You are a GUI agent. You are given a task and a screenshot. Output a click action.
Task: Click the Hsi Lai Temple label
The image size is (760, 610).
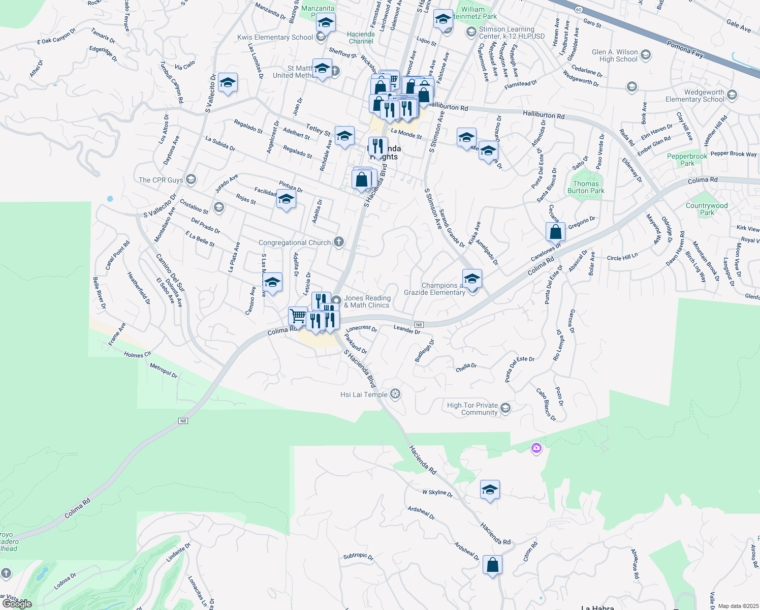[x=364, y=394]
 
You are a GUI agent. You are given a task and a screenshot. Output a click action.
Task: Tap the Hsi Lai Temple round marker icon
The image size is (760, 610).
[x=396, y=394]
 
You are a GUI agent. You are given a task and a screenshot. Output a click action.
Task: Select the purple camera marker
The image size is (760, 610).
[x=536, y=448]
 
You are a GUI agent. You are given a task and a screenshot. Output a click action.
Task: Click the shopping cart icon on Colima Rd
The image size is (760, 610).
[x=298, y=316]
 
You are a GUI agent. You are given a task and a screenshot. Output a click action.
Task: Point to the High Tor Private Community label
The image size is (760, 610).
[x=472, y=409]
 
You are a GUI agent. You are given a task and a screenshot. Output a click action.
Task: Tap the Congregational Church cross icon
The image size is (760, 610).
[x=339, y=242]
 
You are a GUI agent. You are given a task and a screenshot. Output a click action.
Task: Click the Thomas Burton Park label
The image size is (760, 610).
[x=586, y=187]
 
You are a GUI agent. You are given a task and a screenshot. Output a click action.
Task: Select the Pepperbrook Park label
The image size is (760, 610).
[x=687, y=160]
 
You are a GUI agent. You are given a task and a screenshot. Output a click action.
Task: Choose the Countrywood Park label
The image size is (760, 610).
[x=707, y=209]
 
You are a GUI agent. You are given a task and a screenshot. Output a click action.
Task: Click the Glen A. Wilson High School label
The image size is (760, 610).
[x=614, y=55]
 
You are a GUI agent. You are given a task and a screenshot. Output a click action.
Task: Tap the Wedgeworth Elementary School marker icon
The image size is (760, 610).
[x=732, y=95]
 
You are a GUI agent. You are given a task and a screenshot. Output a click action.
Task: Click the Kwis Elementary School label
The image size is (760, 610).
[x=275, y=37]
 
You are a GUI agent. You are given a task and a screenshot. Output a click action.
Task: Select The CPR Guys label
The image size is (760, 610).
[x=161, y=180]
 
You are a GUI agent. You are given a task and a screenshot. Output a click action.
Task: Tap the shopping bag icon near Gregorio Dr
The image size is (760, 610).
[x=556, y=232]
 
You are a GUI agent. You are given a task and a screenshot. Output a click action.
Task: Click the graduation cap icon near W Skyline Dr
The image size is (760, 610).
[x=490, y=490]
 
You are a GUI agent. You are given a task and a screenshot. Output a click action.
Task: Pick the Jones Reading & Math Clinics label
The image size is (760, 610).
[x=367, y=301]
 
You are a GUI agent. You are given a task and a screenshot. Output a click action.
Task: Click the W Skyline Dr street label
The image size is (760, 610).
[x=437, y=493]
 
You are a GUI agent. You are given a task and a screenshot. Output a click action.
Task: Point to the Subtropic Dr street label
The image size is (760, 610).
[x=358, y=556]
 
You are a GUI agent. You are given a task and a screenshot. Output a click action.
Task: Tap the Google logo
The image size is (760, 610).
[x=17, y=603]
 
